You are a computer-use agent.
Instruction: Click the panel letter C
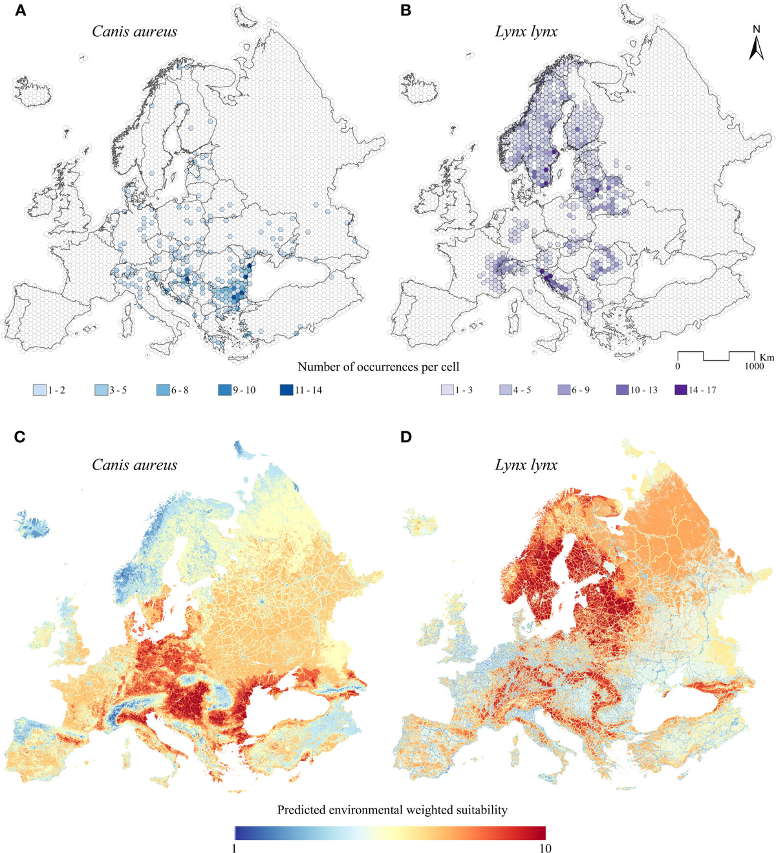pos(20,437)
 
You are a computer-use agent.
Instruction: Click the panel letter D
pos(405,437)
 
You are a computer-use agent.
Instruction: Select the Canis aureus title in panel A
pos(135,32)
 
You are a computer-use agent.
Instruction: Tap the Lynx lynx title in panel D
pos(526,465)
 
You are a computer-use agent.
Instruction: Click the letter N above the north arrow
pos(756,29)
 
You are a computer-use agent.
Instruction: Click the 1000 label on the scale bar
pos(753,367)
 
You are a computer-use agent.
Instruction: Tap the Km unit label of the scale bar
pos(767,357)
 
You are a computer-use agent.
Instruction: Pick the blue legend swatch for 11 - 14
pos(286,390)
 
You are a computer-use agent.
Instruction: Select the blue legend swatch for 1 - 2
pos(39,390)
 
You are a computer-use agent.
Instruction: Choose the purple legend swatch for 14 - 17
pos(680,390)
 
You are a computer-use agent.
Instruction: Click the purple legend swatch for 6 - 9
pos(563,390)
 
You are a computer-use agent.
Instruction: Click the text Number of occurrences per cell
pos(378,367)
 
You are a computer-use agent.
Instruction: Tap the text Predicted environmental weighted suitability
pos(392,810)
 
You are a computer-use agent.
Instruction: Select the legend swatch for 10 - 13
pos(622,390)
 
